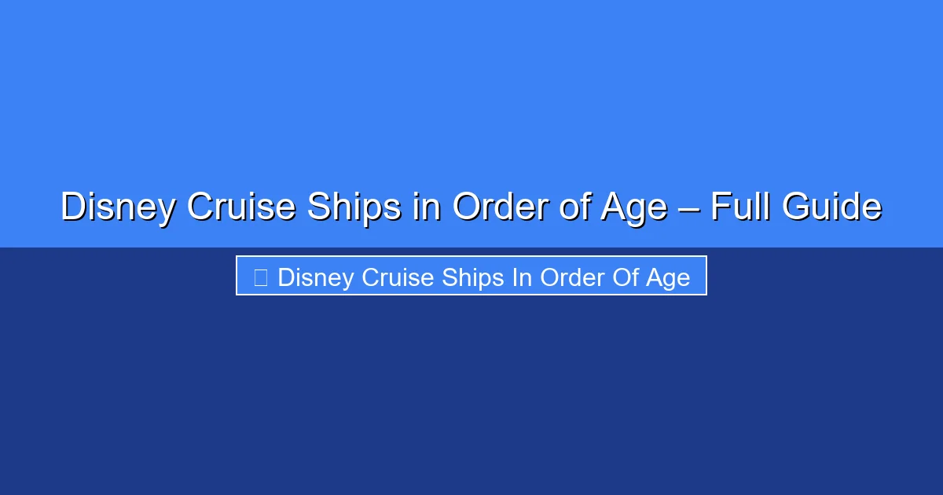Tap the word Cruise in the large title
click(x=241, y=206)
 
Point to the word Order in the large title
click(x=501, y=206)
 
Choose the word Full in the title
click(x=742, y=206)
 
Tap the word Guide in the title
click(x=832, y=206)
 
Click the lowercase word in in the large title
click(x=427, y=206)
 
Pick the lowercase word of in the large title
click(x=574, y=206)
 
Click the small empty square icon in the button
click(x=261, y=277)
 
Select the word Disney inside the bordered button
click(x=316, y=278)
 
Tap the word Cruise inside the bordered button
click(x=398, y=277)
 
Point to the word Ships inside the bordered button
click(x=473, y=278)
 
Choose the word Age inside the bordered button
click(x=668, y=278)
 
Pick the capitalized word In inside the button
click(x=522, y=277)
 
